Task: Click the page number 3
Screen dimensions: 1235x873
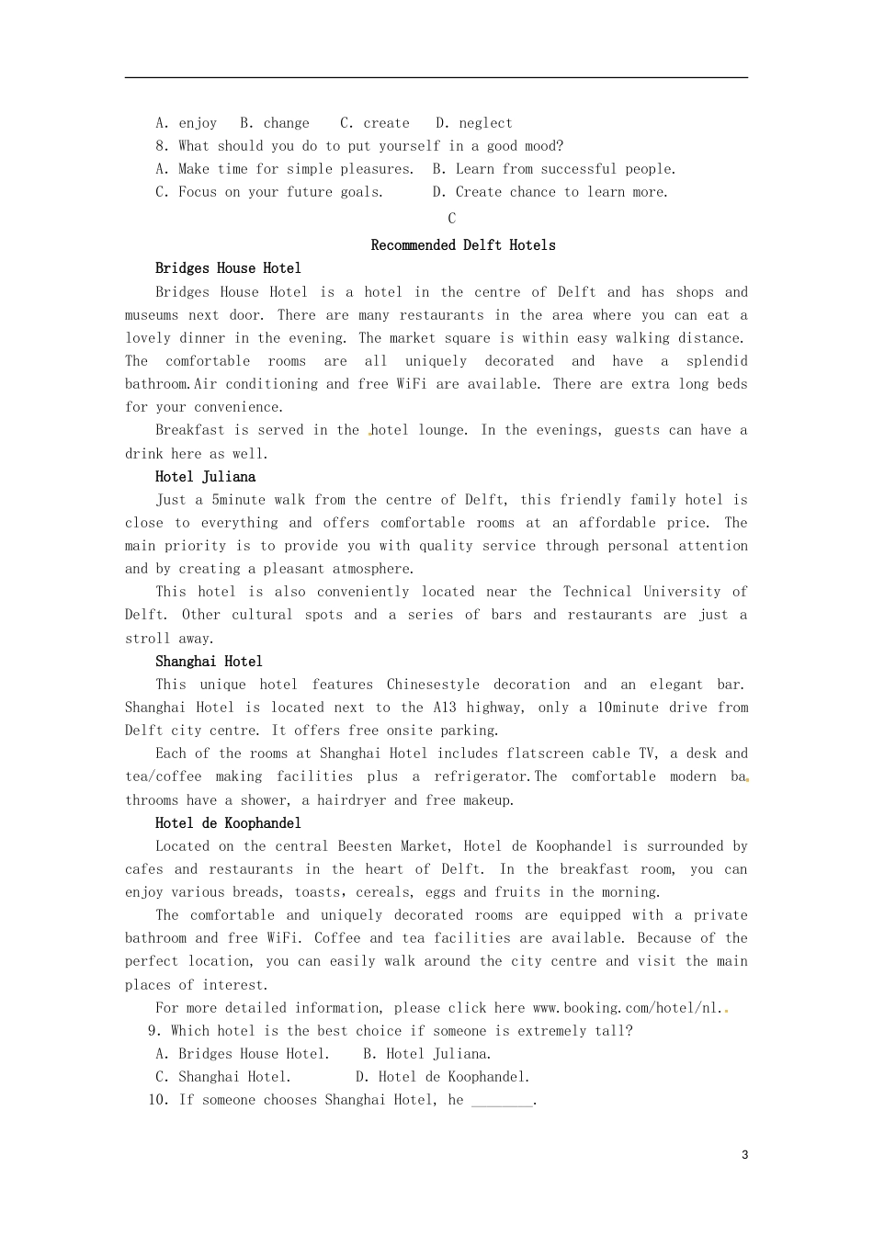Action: tap(744, 1155)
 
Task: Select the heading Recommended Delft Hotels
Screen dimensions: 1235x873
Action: tap(463, 245)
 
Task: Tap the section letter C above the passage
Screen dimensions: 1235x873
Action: tap(451, 219)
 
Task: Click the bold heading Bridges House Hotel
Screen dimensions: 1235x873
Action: tap(228, 268)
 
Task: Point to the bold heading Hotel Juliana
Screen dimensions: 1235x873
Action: tap(205, 477)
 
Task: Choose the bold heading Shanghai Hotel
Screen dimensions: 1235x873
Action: tap(209, 662)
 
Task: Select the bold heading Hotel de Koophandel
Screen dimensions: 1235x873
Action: tap(228, 823)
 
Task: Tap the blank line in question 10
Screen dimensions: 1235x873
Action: tap(502, 1101)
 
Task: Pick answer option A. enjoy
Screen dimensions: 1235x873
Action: tap(187, 123)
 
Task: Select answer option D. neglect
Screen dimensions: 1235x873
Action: tap(474, 123)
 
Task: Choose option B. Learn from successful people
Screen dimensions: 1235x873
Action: tap(554, 169)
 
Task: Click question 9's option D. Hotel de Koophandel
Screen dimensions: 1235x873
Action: tap(443, 1077)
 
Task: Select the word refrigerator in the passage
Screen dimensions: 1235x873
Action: tap(481, 776)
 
